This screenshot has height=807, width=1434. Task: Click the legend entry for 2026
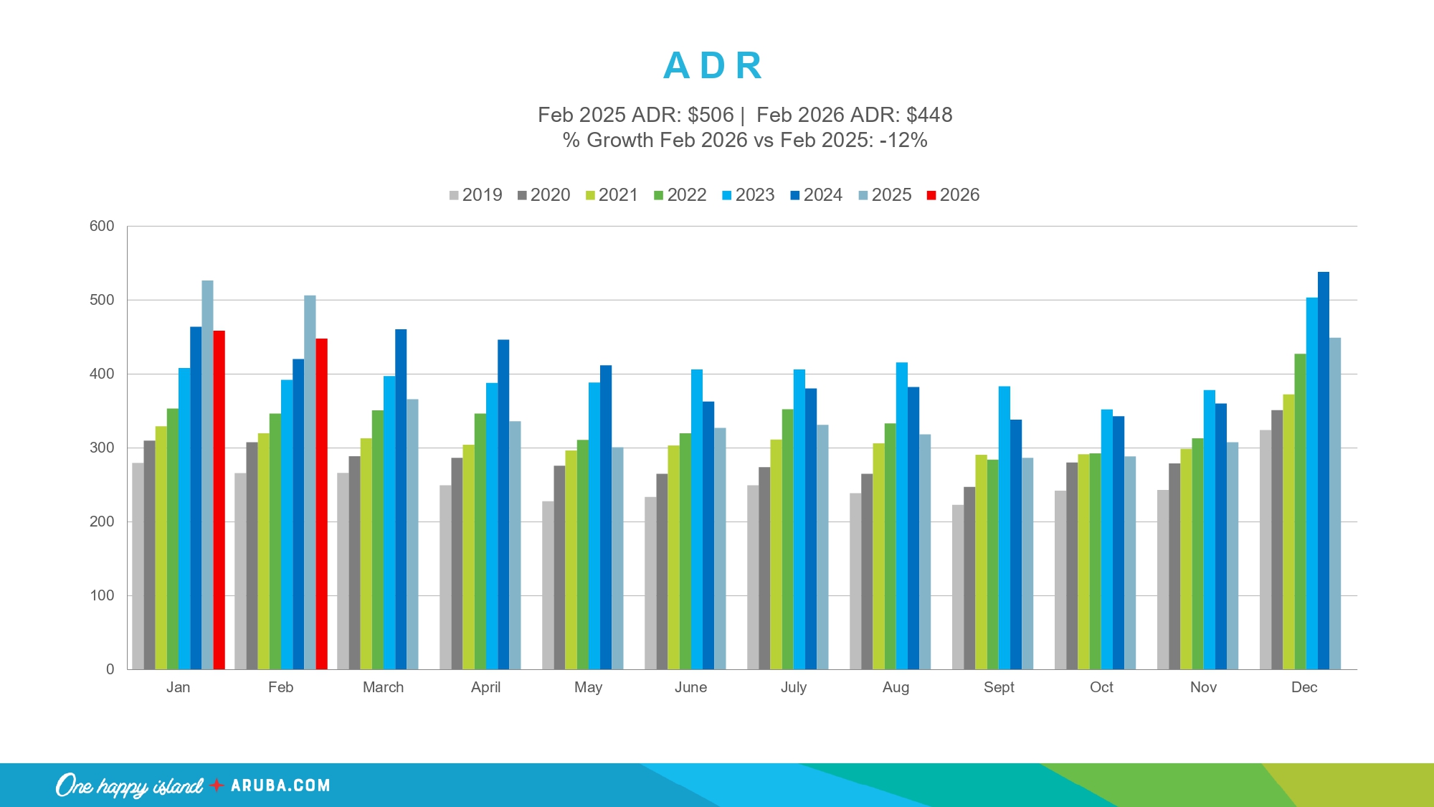click(x=953, y=195)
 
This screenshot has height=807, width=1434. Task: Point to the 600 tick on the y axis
click(x=102, y=226)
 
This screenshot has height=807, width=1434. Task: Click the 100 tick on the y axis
click(x=102, y=595)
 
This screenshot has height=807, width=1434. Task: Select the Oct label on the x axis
click(x=1101, y=687)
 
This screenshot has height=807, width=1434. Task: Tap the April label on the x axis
click(x=485, y=687)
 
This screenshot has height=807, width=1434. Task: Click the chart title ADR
click(x=713, y=66)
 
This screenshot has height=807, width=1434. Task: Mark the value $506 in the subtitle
click(x=711, y=115)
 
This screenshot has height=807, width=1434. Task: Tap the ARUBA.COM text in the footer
click(x=280, y=785)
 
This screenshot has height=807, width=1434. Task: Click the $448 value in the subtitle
click(x=929, y=115)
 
